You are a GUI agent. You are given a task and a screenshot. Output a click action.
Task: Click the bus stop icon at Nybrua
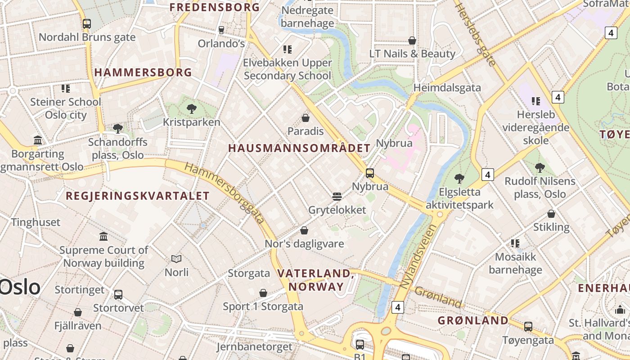(x=370, y=173)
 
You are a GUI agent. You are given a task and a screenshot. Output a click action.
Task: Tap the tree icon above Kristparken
(x=191, y=108)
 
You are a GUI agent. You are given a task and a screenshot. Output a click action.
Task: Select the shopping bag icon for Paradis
(x=306, y=118)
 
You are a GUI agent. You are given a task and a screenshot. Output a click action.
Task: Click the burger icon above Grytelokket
(x=337, y=196)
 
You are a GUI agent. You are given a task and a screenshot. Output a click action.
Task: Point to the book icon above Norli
(x=176, y=259)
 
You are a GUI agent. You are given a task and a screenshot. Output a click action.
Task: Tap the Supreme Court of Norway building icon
(x=103, y=236)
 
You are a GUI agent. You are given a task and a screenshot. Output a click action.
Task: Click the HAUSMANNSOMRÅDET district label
(x=299, y=148)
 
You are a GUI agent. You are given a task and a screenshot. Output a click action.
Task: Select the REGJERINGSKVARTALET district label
(x=138, y=196)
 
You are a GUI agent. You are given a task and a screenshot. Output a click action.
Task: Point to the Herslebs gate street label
(x=476, y=34)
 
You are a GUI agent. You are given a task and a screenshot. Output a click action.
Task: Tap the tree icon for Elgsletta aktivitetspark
(x=459, y=178)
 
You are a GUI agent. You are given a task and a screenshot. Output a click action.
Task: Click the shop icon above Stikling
(x=551, y=214)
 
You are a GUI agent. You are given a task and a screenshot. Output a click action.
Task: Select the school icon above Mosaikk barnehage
(x=515, y=243)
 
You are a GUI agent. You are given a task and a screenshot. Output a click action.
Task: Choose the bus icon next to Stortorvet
(x=118, y=295)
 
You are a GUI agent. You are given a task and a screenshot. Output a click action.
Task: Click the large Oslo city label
(x=20, y=287)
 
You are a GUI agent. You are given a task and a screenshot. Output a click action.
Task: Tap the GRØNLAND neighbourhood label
(x=473, y=320)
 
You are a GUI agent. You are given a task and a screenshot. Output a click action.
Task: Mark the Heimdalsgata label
(x=447, y=88)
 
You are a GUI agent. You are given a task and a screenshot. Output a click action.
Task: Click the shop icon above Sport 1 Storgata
(x=263, y=293)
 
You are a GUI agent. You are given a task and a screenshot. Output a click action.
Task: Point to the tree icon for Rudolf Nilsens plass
(x=540, y=168)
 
